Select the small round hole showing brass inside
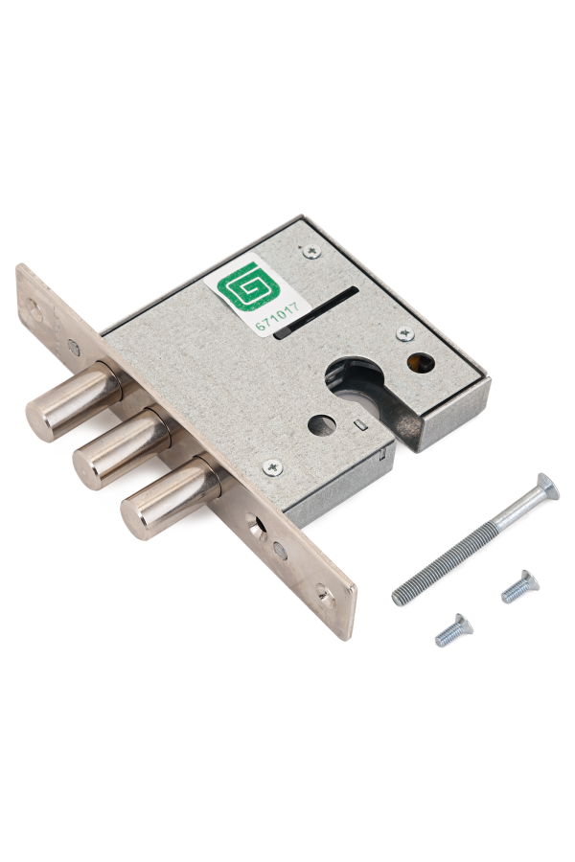[x=420, y=363]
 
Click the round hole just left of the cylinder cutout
[x=322, y=425]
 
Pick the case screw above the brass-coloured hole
[x=405, y=333]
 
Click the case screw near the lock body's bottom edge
[x=273, y=467]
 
